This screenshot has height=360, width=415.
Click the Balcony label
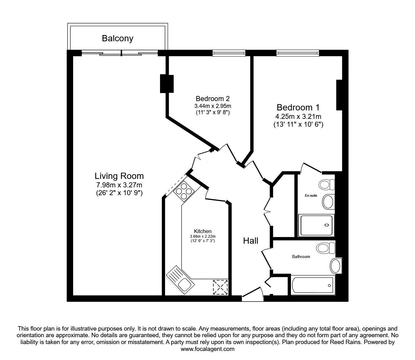(117, 38)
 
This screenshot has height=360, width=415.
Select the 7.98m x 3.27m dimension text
(119, 185)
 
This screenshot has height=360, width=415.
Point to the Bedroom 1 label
(298, 108)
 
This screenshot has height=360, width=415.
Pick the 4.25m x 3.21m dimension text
(298, 117)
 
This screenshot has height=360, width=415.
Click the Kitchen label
(202, 231)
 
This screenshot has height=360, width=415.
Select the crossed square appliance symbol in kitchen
(220, 287)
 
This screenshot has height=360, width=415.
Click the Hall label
(251, 241)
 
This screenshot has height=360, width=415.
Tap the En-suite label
(311, 195)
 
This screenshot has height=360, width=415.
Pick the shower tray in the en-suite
(317, 225)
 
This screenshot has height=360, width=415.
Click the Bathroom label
(301, 256)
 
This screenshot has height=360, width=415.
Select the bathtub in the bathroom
(313, 285)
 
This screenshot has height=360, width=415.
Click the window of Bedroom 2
(229, 53)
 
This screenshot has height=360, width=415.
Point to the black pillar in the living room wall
(167, 84)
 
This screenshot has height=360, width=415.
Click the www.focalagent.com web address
(207, 349)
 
